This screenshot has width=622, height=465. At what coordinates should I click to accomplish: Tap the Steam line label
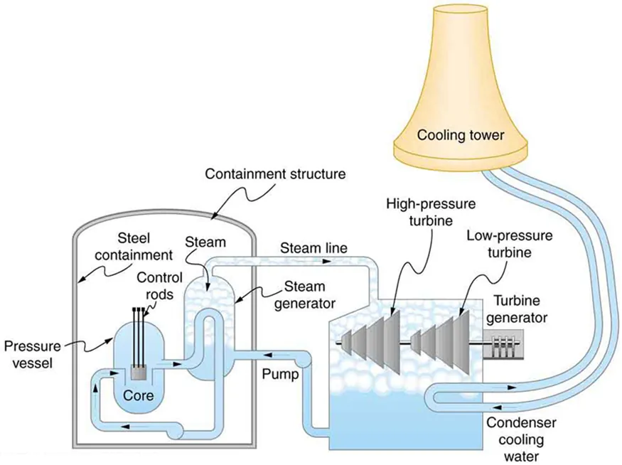tap(313, 248)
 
